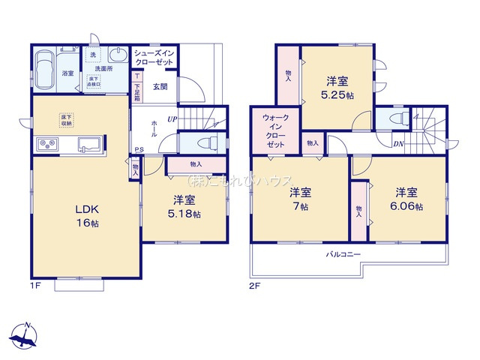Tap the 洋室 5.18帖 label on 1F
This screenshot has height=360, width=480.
point(184,207)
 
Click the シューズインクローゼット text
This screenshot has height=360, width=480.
point(154,58)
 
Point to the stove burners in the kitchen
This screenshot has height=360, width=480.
point(43,144)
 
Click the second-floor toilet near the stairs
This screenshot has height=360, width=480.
point(394,119)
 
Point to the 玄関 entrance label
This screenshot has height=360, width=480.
point(160,87)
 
